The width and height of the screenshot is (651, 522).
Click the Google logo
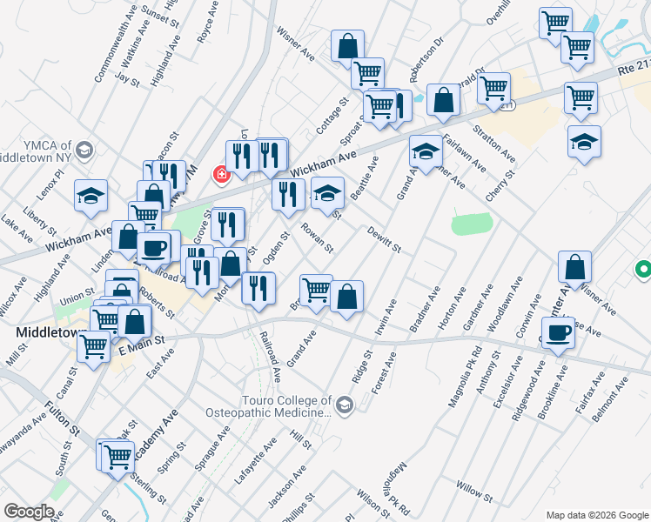(30, 512)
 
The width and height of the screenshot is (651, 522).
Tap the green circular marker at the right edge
(643, 271)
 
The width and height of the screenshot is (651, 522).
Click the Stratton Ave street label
(494, 143)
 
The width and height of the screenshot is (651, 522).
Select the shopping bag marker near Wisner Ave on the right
(574, 268)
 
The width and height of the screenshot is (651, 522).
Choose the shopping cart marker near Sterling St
(117, 456)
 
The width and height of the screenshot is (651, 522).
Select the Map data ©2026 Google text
(596, 515)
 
